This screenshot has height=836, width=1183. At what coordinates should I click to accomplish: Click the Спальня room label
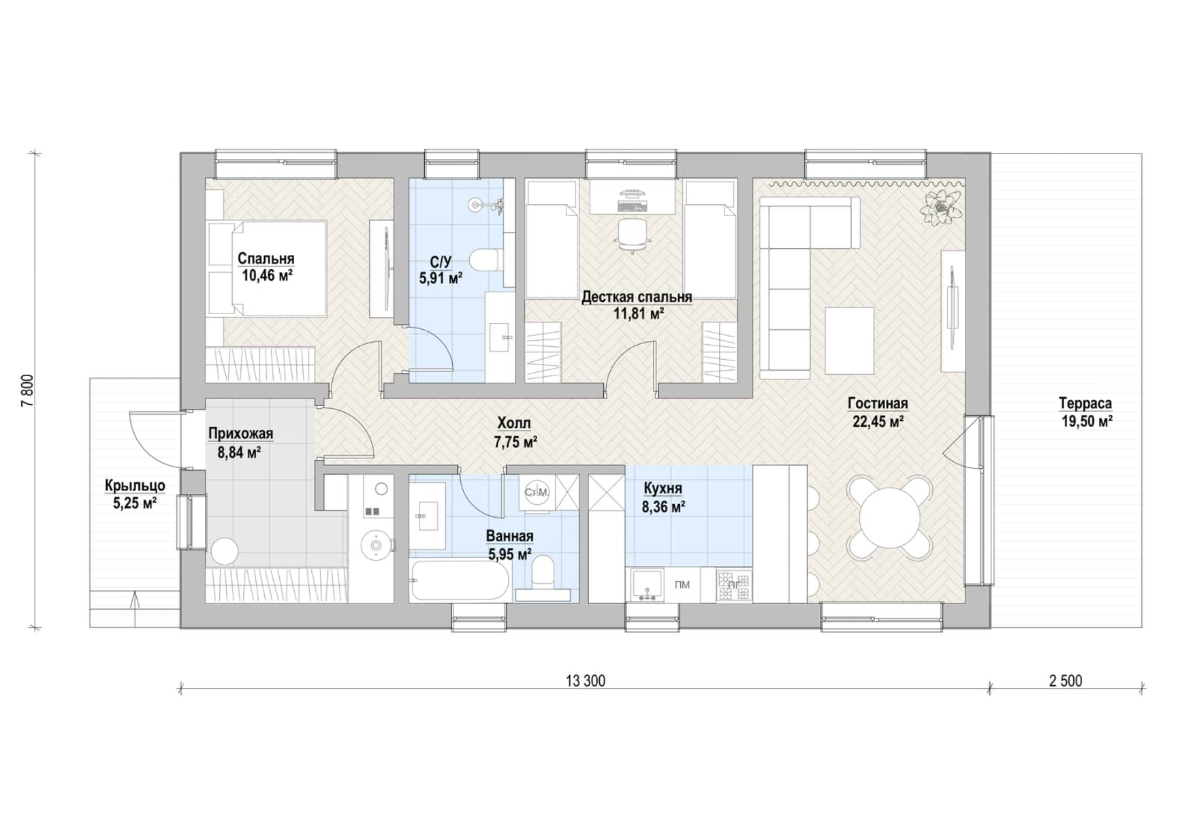[266, 259]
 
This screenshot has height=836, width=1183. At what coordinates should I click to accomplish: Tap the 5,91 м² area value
[441, 278]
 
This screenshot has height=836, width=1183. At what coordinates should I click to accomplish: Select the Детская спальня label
[637, 298]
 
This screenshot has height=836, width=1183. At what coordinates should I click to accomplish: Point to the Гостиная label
[878, 404]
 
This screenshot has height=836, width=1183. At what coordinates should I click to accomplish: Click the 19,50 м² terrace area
[1087, 422]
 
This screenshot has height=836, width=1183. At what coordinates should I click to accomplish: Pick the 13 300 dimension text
[586, 681]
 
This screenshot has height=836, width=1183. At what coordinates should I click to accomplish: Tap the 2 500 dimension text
[1066, 681]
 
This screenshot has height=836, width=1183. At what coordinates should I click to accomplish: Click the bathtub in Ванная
[460, 580]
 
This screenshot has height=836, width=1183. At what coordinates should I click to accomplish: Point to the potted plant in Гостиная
[941, 208]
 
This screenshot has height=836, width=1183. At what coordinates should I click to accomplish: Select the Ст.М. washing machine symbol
[536, 493]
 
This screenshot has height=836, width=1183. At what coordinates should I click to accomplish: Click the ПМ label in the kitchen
[682, 585]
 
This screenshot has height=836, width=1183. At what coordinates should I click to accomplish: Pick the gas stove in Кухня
[734, 585]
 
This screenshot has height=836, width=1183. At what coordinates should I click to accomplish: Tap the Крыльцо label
[135, 485]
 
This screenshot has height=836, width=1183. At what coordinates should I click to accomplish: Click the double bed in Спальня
[266, 268]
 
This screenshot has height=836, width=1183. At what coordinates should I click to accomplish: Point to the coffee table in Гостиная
[849, 340]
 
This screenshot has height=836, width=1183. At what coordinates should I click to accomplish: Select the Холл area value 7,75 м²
[516, 442]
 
